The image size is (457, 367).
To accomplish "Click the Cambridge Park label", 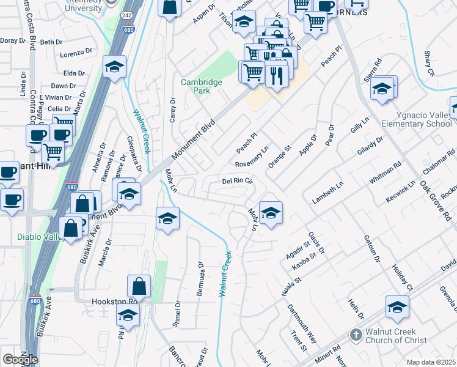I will (x=196, y=86).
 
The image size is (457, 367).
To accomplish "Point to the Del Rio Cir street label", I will (x=237, y=181).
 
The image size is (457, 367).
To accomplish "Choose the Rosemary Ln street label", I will (x=252, y=157).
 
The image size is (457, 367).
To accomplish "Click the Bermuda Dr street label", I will (x=200, y=279).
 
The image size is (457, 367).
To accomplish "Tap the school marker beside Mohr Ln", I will (x=271, y=213).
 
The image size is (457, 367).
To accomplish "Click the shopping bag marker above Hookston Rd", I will (x=139, y=286).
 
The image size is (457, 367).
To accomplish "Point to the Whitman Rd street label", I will (x=389, y=172).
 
